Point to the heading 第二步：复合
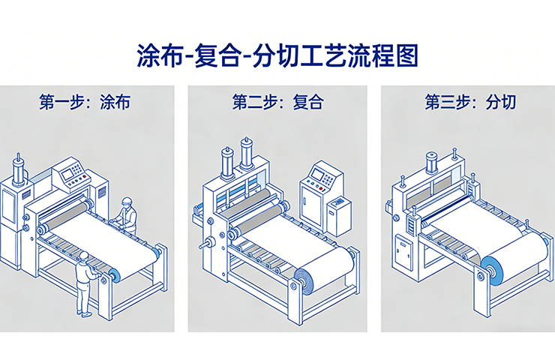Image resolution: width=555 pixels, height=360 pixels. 277,103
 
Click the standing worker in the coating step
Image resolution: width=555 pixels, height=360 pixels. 86,285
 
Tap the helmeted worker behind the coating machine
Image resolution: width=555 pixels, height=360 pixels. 128,215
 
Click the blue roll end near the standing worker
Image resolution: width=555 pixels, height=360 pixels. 115,276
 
